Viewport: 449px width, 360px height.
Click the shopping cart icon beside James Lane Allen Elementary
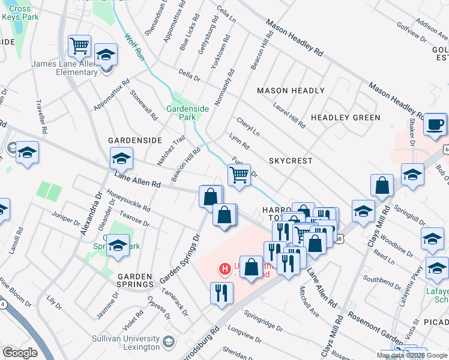(x=79, y=46)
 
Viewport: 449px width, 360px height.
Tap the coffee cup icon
(x=435, y=125)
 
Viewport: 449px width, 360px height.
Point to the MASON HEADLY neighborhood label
(x=291, y=91)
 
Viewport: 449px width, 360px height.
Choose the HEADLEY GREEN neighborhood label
(x=345, y=118)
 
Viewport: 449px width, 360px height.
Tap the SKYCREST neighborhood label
(x=291, y=161)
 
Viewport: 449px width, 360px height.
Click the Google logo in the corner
(x=20, y=353)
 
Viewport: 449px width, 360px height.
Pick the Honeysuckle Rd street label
(x=128, y=200)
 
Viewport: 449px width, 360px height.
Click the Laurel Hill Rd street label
(x=289, y=115)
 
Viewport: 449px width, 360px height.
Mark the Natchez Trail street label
(x=171, y=151)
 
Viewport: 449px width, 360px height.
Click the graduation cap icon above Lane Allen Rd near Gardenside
(x=121, y=160)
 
